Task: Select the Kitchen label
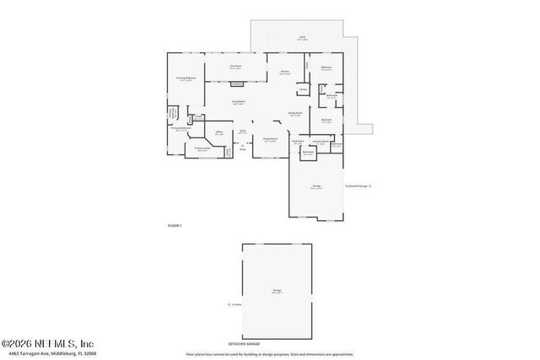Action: pyautogui.click(x=285, y=73)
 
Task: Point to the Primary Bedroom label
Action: pyautogui.click(x=186, y=78)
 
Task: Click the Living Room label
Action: pyautogui.click(x=239, y=102)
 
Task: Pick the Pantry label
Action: pyautogui.click(x=302, y=89)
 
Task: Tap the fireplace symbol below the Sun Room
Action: pyautogui.click(x=238, y=83)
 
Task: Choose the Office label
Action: pyautogui.click(x=219, y=132)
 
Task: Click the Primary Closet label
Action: pyautogui.click(x=202, y=149)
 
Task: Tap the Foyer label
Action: pyautogui.click(x=242, y=132)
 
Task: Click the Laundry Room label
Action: pyautogui.click(x=321, y=141)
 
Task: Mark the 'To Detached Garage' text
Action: pyautogui.click(x=356, y=185)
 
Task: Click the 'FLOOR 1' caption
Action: pyautogui.click(x=175, y=225)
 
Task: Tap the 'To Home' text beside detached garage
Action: pyautogui.click(x=237, y=305)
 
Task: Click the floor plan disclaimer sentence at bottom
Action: pyautogui.click(x=270, y=354)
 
